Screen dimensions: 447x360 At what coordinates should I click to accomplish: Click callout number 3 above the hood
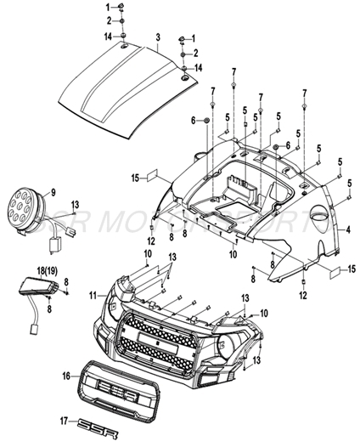tap(158, 37)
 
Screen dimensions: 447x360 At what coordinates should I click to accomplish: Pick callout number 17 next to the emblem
tap(64, 420)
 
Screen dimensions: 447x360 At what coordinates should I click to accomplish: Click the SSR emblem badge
tap(92, 423)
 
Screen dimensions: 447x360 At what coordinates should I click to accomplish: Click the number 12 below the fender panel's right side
tap(303, 295)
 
